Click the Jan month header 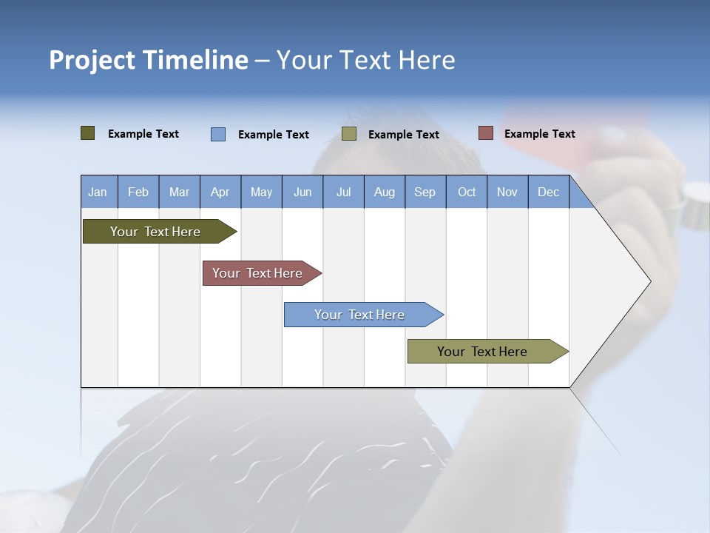coord(98,192)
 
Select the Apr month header coord(220,192)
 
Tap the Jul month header coord(343,192)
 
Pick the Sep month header coord(425,192)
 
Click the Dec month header coord(548,192)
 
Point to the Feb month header coord(138,192)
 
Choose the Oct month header coord(467,192)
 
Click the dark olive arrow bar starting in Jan coord(155,232)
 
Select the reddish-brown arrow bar coord(257,273)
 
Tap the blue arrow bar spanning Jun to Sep coord(359,315)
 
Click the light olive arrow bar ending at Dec coord(482,352)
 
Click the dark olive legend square coord(88,133)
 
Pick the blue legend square coord(218,134)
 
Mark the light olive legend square coord(349,134)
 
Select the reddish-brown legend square coord(485,133)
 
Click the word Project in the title coord(92,60)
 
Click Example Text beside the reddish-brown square coord(540,134)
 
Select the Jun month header coord(302,192)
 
